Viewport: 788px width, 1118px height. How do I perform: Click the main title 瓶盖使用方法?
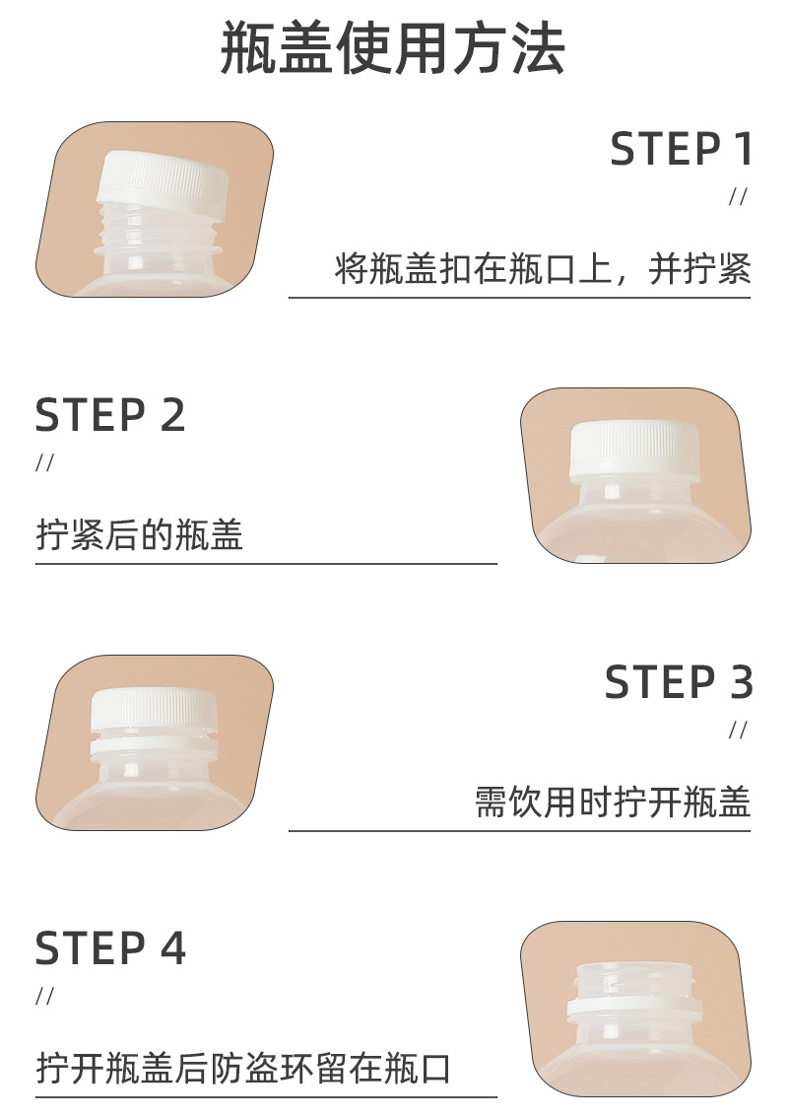(393, 48)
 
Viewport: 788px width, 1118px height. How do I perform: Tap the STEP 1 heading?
(682, 149)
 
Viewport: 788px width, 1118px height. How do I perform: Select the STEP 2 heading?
(109, 415)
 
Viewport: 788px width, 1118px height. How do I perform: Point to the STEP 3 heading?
(679, 682)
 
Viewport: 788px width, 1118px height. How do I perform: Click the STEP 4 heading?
(110, 948)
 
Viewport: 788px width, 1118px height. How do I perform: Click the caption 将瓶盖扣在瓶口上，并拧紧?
(543, 269)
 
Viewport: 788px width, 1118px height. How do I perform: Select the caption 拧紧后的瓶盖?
(140, 534)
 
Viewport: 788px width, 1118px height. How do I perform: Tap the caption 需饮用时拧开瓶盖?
(613, 802)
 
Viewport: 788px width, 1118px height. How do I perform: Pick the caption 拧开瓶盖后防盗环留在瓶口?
(243, 1068)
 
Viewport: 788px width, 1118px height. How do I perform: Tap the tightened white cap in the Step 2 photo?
(634, 450)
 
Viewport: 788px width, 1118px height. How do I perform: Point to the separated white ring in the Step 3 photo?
(154, 746)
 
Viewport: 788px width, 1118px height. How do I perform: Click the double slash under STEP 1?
(738, 197)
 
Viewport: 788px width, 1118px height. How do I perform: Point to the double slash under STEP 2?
(45, 463)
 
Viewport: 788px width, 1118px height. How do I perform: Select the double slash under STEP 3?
(738, 731)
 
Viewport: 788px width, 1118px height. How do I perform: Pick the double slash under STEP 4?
(45, 996)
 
